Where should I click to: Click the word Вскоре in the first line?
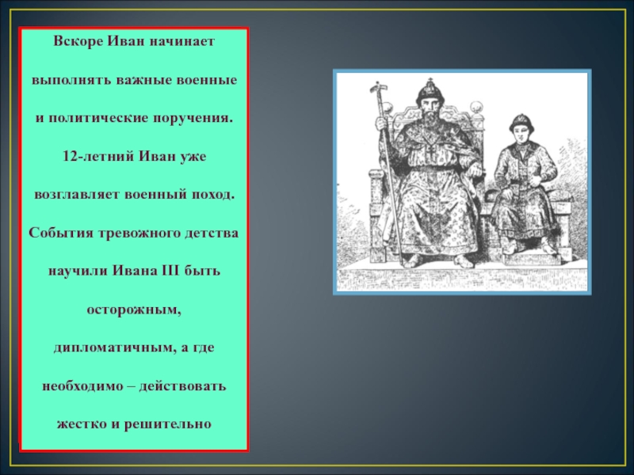tap(78, 41)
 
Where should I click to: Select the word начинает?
tap(181, 41)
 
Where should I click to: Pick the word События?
tap(55, 233)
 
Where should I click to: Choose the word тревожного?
tap(133, 233)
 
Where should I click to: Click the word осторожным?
tap(134, 310)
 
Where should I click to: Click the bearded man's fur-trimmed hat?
tap(430, 91)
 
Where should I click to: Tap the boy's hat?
tap(521, 122)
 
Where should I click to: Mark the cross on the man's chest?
tap(432, 152)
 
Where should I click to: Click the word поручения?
tap(193, 118)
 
